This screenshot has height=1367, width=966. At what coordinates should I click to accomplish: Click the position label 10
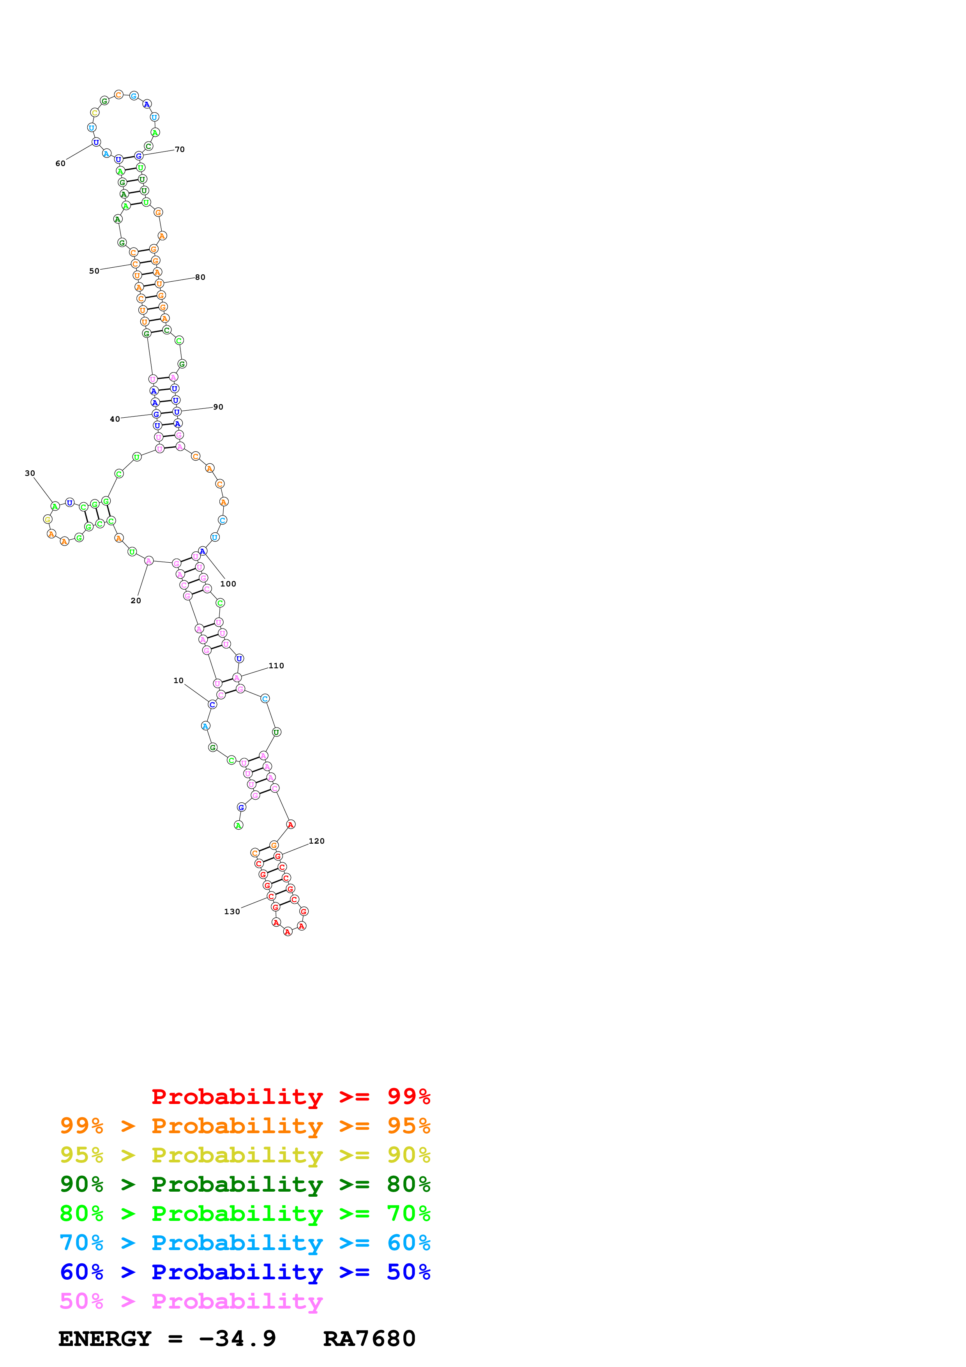(178, 680)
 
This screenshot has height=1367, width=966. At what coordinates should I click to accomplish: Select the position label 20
(136, 601)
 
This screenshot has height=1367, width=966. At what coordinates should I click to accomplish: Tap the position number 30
(30, 473)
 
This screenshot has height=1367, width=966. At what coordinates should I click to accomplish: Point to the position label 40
(115, 419)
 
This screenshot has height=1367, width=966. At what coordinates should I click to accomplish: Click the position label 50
(94, 271)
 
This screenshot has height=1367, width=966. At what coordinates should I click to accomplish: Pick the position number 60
(60, 164)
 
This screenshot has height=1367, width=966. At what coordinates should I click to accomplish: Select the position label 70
(180, 149)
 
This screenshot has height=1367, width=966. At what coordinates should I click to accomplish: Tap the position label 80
(200, 277)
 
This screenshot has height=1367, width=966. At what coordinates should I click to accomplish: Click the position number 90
(219, 407)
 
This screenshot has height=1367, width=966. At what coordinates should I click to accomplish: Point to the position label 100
(228, 584)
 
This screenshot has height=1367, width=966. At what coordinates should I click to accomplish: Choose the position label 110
(276, 666)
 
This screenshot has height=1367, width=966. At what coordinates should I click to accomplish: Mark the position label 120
(317, 841)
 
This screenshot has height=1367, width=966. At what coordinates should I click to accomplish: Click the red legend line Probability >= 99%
(290, 1096)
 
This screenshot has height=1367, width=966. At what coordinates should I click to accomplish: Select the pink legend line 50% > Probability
(191, 1301)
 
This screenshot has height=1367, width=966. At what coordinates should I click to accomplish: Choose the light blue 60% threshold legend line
(245, 1243)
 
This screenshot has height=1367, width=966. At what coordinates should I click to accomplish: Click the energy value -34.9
(237, 1339)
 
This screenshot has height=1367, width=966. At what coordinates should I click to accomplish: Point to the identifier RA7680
(369, 1339)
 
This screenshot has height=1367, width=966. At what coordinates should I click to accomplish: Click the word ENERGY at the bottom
(105, 1339)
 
